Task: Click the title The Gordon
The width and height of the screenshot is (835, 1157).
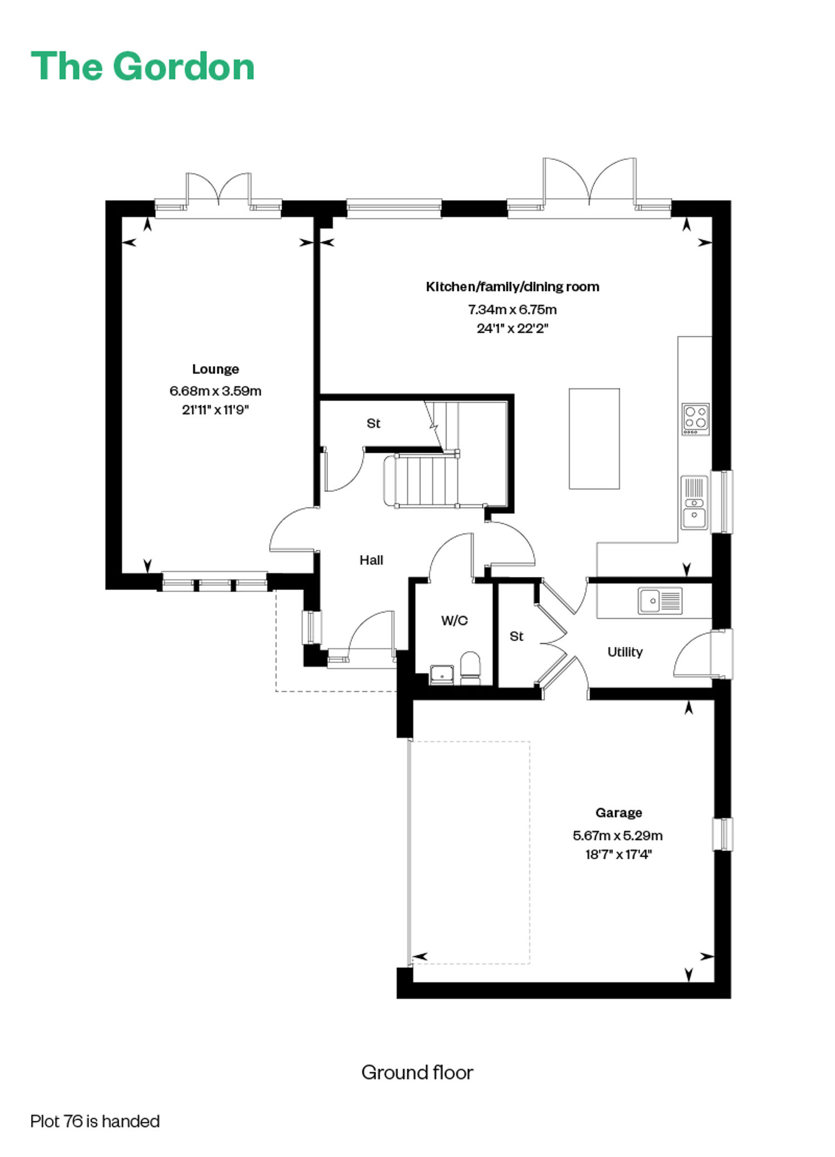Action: tap(143, 66)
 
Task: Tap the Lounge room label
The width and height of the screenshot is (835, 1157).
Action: tap(215, 369)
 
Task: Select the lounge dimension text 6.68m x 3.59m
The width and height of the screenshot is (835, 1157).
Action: tap(215, 391)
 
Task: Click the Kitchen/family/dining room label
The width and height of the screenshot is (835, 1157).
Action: tap(513, 287)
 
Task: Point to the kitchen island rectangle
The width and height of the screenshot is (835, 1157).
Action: tap(594, 439)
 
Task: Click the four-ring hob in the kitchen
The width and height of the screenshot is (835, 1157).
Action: tap(695, 419)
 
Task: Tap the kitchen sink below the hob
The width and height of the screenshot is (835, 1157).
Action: tap(695, 503)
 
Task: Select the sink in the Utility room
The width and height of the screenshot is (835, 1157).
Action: tap(660, 600)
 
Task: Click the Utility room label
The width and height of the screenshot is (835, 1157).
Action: tap(625, 652)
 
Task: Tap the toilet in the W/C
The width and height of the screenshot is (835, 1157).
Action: tap(470, 668)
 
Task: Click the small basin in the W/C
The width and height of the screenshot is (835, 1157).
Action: tap(443, 674)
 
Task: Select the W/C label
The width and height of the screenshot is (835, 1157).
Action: tap(454, 621)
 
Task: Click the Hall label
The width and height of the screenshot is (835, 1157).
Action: tap(371, 560)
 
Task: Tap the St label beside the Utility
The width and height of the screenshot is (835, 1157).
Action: tap(517, 636)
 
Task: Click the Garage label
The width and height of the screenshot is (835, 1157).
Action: tap(619, 813)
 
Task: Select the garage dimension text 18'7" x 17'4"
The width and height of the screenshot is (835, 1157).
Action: tap(618, 854)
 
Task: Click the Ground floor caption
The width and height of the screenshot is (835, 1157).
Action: tap(417, 1072)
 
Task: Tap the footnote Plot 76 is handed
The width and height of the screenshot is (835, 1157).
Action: tap(95, 1121)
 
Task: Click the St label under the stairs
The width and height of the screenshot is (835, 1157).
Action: tap(374, 424)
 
